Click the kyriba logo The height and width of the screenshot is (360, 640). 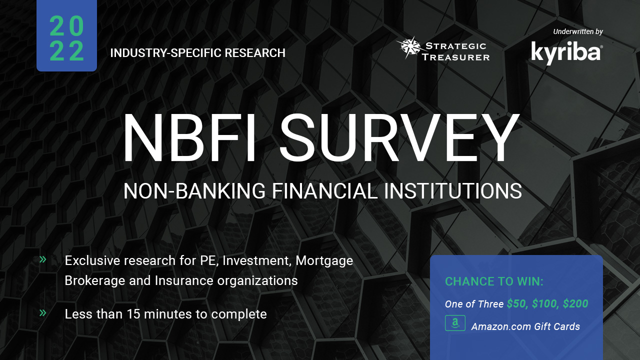567,53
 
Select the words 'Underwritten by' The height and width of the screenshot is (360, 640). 578,31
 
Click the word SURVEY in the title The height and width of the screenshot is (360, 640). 399,137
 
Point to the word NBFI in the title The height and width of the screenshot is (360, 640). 189,137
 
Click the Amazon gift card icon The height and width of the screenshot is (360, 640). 455,323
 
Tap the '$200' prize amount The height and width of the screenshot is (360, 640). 575,303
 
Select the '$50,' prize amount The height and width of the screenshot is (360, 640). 517,303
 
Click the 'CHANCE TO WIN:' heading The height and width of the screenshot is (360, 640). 494,281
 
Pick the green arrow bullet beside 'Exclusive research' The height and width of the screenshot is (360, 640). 43,259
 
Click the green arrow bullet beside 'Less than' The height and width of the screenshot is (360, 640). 43,313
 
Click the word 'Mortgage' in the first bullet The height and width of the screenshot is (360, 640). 324,261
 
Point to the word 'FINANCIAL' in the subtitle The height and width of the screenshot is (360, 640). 324,191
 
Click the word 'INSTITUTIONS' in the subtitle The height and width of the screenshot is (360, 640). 453,191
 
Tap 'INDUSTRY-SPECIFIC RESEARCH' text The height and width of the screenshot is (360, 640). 197,53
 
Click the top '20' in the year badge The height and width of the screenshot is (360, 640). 67,26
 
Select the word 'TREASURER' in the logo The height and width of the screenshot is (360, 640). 455,57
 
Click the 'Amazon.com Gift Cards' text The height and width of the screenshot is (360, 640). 525,326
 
